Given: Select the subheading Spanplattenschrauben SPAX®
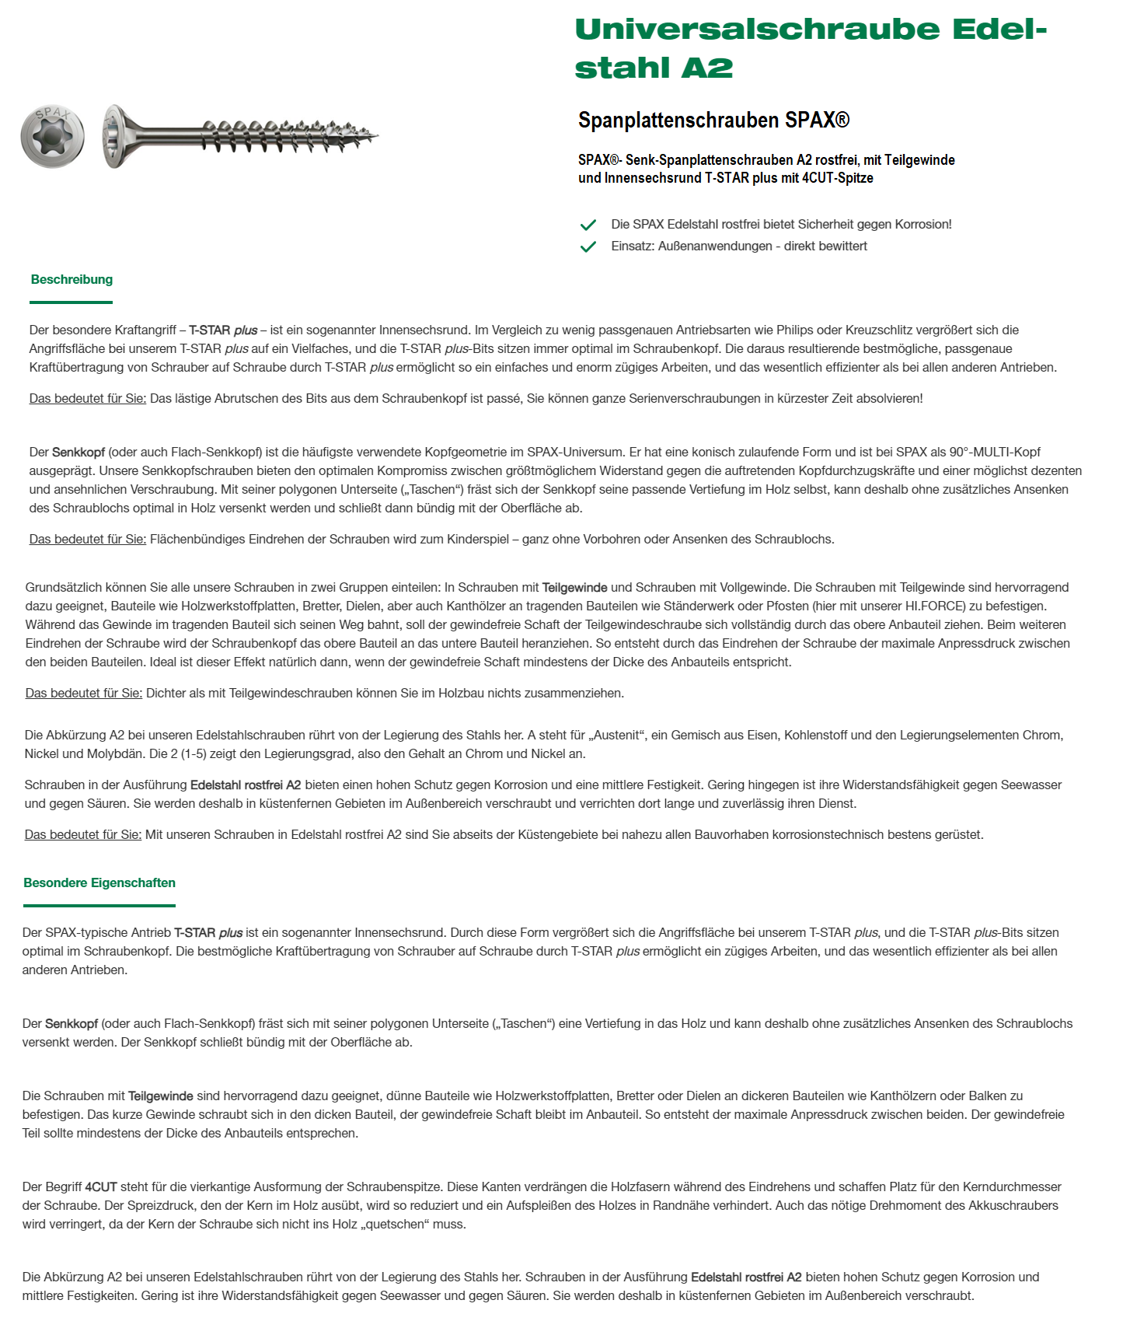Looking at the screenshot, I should coord(713,121).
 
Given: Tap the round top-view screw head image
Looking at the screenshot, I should coord(53,136).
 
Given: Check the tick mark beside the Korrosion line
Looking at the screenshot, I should coord(588,225).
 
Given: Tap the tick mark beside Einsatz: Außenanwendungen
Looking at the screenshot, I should coord(588,246).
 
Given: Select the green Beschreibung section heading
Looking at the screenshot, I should coord(71,280).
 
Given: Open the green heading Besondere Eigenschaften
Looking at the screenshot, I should coord(99,883).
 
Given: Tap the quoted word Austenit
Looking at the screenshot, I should coord(618,736).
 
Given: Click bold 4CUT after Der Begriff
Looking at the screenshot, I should coord(101,1187).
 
